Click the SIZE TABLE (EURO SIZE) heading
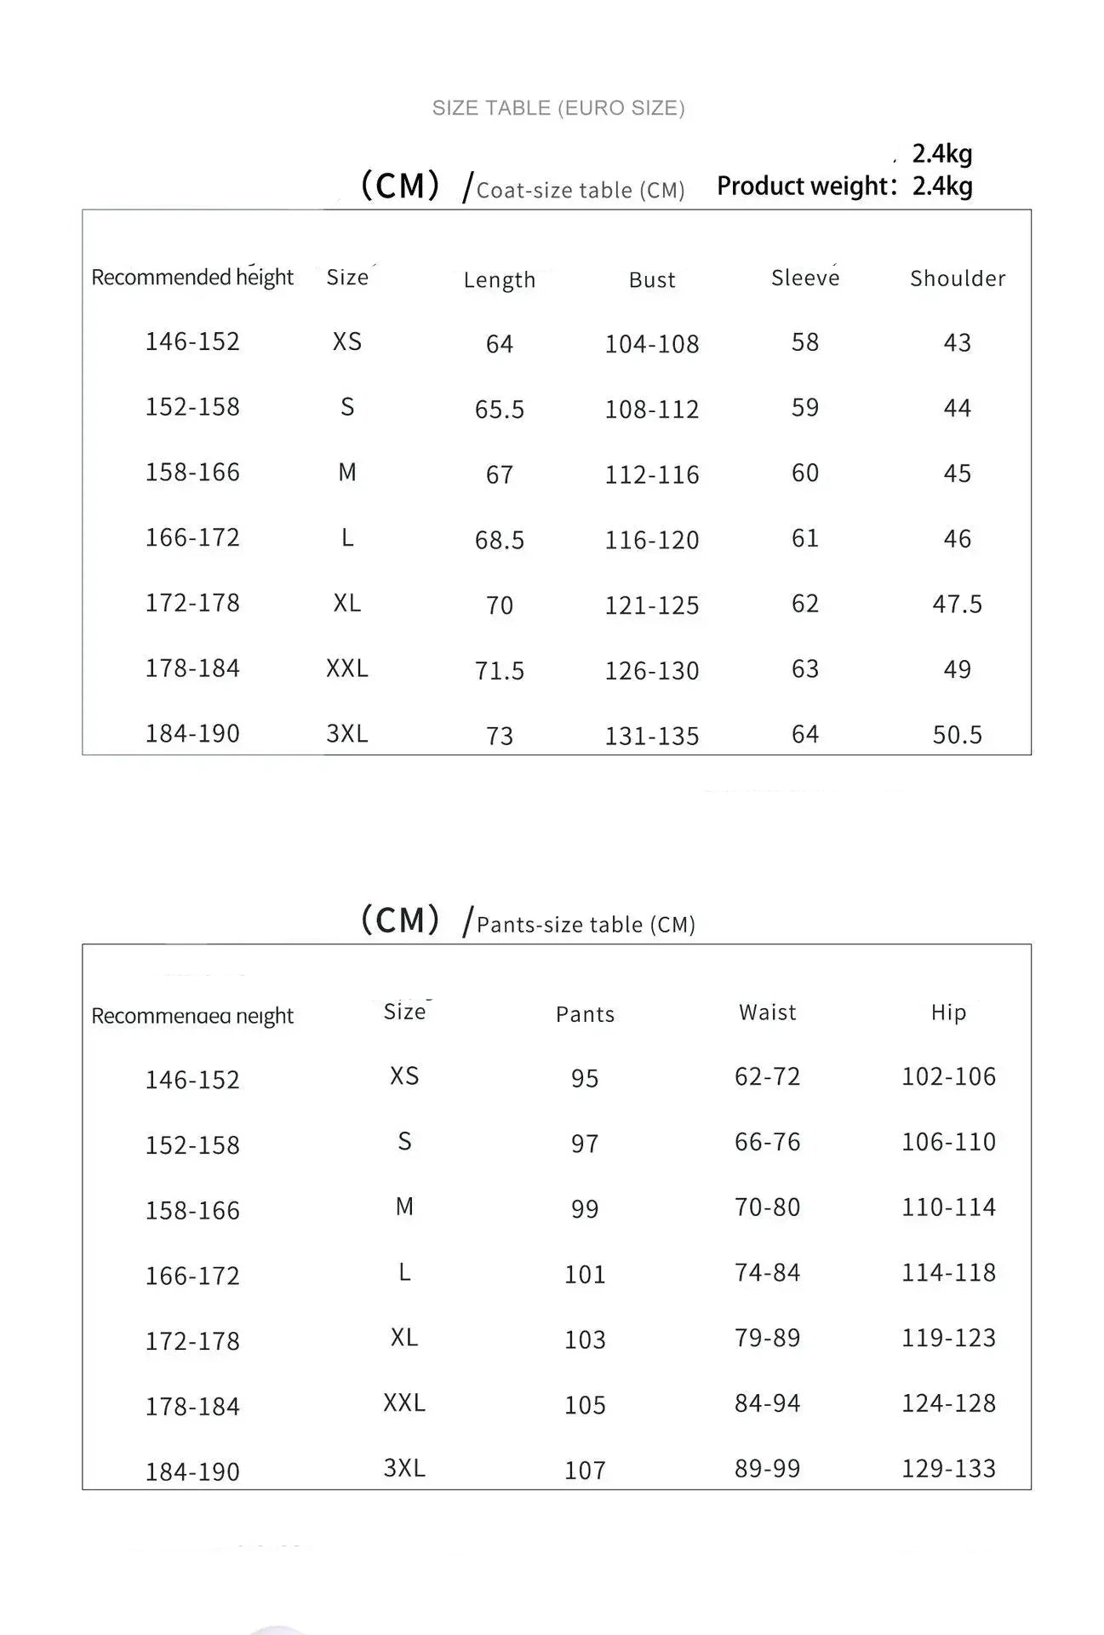point(558,108)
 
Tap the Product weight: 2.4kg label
point(844,186)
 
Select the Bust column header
point(652,279)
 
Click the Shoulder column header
point(958,278)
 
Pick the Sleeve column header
point(805,278)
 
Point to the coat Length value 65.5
point(500,410)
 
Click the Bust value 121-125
point(652,605)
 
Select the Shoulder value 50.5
point(958,735)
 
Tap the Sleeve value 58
point(805,342)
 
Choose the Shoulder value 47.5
point(958,605)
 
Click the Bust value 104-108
point(652,344)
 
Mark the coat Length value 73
point(500,736)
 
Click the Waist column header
point(768,1012)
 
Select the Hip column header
point(948,1012)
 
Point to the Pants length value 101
point(585,1275)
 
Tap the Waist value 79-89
point(768,1338)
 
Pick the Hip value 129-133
point(948,1469)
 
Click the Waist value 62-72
point(768,1076)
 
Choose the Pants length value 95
point(585,1079)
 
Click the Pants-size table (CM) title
point(586,925)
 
